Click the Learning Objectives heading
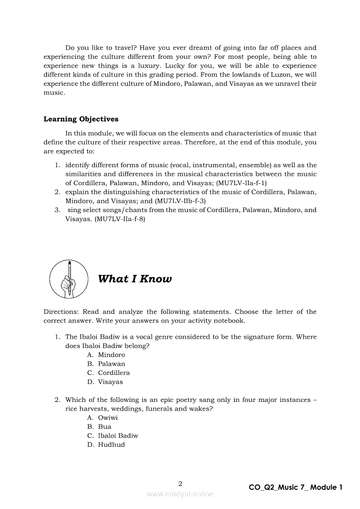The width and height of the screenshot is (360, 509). click(x=81, y=119)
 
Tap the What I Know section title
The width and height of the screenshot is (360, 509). click(x=135, y=279)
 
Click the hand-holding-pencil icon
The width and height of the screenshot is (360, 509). click(x=69, y=279)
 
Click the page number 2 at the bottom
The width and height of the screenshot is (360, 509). click(x=180, y=483)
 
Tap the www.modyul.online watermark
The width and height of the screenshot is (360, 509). click(x=180, y=494)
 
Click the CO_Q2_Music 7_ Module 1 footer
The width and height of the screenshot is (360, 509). click(x=295, y=487)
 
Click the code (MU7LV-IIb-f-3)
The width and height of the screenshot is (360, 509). click(x=180, y=201)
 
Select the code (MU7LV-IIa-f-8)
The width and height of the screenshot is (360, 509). click(x=120, y=219)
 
